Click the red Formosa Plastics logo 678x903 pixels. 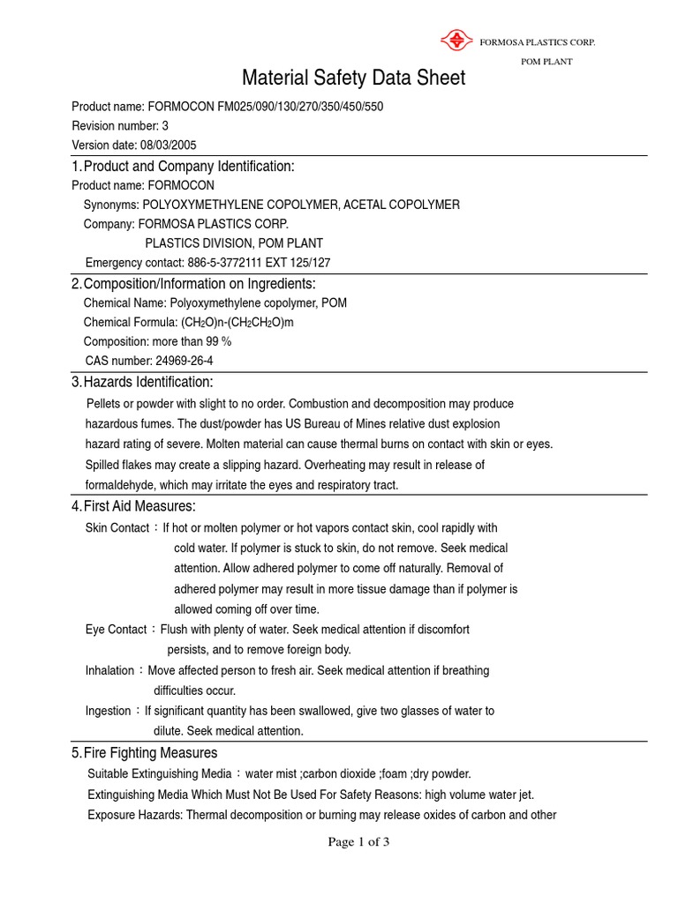(x=456, y=40)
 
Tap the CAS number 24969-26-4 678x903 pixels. (x=183, y=361)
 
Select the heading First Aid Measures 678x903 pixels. (x=139, y=506)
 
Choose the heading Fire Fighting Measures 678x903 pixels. (x=150, y=753)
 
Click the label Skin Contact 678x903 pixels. (x=117, y=528)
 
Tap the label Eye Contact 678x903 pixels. (x=116, y=630)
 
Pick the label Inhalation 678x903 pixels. (x=110, y=670)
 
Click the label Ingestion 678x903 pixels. (x=109, y=711)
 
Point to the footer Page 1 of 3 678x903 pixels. (x=358, y=842)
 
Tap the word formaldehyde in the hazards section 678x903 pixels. (x=117, y=485)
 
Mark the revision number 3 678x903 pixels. (x=165, y=126)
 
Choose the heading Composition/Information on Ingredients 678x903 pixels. (x=199, y=283)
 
